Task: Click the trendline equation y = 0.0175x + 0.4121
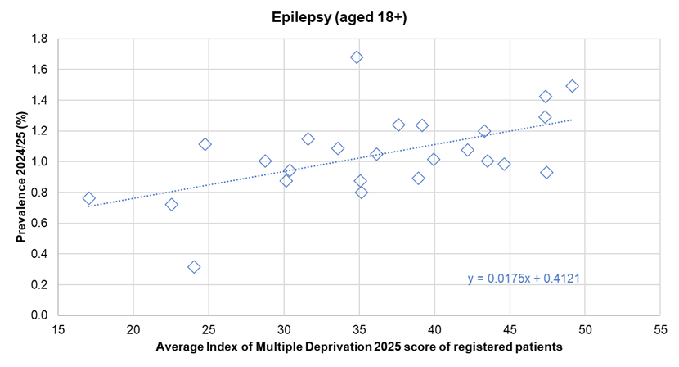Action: pos(524,279)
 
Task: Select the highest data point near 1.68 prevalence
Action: pos(357,57)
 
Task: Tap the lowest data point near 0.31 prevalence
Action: pos(194,267)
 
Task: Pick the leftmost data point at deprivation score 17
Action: pos(88,198)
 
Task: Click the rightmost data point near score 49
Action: pos(572,86)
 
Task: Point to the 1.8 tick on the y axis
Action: pos(40,39)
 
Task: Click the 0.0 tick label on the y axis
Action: pos(40,315)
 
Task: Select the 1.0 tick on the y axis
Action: pos(40,161)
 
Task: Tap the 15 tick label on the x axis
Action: pos(57,330)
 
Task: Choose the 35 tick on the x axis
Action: pos(358,330)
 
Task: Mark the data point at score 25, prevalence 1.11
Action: pos(205,144)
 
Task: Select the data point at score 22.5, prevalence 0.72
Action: pos(172,204)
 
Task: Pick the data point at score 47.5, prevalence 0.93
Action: pos(546,172)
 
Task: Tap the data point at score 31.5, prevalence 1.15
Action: pos(308,139)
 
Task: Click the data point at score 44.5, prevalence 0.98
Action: pos(504,164)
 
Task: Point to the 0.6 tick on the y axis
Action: pos(40,223)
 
